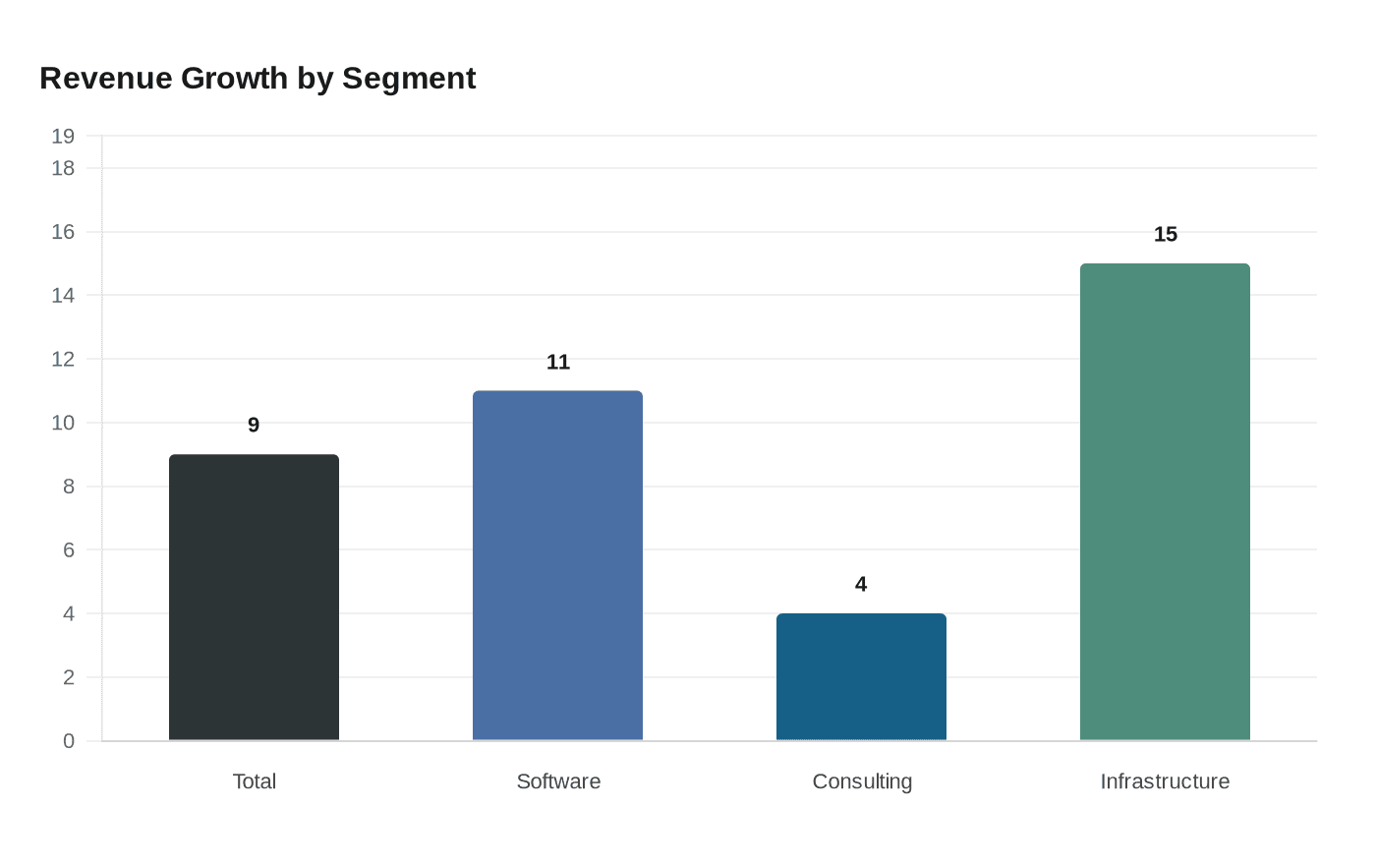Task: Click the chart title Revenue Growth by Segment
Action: pyautogui.click(x=258, y=78)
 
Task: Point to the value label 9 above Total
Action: pyautogui.click(x=254, y=425)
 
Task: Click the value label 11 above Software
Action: pyautogui.click(x=557, y=362)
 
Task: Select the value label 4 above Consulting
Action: pyautogui.click(x=861, y=584)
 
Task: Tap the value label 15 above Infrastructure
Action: pyautogui.click(x=1165, y=234)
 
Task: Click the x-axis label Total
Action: pyautogui.click(x=254, y=781)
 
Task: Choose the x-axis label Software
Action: pyautogui.click(x=558, y=781)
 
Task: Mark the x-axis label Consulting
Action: pyautogui.click(x=862, y=781)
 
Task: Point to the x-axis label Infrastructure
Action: pyautogui.click(x=1165, y=781)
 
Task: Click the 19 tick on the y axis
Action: pyautogui.click(x=63, y=136)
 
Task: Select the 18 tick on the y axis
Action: pyautogui.click(x=63, y=168)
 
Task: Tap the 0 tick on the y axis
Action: pyautogui.click(x=69, y=741)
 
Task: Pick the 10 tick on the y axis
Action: pyautogui.click(x=63, y=423)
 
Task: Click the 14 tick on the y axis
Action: pyautogui.click(x=63, y=295)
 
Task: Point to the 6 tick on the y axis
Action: pyautogui.click(x=69, y=549)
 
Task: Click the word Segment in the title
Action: pyautogui.click(x=409, y=78)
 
